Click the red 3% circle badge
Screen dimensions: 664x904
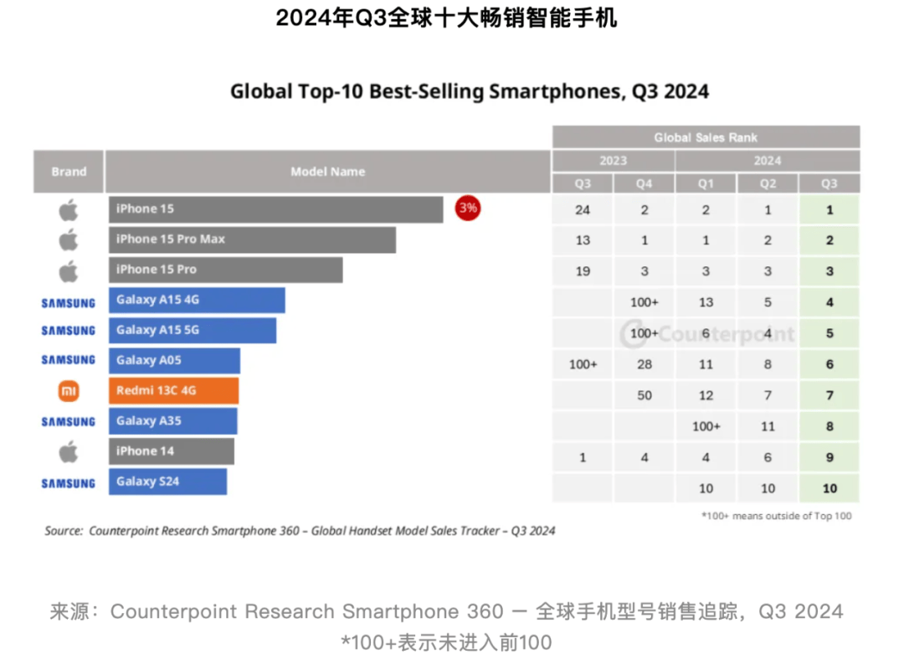467,208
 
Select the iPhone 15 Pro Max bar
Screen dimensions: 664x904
252,239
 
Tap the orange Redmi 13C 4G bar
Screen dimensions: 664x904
173,391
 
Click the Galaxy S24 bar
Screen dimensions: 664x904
167,481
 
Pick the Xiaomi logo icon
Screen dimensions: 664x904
69,391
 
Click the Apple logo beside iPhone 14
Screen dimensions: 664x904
69,452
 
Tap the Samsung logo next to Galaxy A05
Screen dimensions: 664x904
69,360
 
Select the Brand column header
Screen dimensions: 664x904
69,172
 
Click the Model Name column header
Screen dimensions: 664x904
327,172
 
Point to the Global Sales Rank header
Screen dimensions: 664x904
706,137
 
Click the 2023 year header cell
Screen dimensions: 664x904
613,161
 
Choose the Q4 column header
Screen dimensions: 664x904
644,184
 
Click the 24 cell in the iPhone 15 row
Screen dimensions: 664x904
583,210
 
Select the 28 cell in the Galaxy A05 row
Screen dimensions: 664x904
644,365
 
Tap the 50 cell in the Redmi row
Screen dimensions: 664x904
644,395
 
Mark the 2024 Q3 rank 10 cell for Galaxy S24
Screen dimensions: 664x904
830,488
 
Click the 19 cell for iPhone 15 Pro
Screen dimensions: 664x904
583,271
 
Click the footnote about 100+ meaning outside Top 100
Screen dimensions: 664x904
776,516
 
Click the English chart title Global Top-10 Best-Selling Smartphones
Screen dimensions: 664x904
470,91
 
